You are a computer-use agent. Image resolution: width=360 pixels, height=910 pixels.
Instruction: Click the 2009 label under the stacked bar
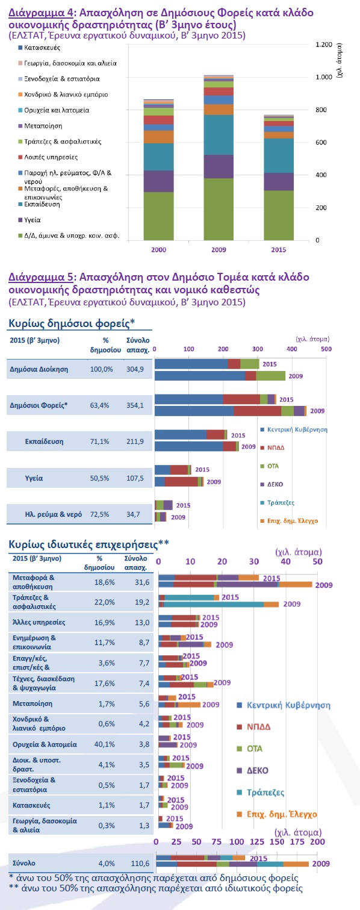[219, 249]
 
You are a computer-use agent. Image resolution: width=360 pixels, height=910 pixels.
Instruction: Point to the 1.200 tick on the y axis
[324, 45]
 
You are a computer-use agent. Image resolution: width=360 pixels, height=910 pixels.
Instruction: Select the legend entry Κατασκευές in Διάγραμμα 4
[42, 48]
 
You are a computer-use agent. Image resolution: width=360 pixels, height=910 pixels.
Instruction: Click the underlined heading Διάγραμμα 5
[41, 277]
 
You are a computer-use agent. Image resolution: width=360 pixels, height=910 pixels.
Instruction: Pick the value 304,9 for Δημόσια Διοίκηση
[135, 369]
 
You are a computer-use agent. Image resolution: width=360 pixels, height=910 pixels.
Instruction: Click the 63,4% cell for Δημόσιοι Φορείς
[99, 405]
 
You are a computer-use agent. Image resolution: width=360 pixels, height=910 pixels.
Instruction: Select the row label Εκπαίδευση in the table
[44, 441]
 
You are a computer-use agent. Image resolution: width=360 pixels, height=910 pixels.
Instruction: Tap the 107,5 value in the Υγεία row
[135, 478]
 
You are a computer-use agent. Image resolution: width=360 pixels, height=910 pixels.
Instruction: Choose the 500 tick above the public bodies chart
[326, 349]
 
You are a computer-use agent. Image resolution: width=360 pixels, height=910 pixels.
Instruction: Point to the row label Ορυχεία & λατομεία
[45, 744]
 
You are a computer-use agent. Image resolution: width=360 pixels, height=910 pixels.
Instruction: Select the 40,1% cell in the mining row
[105, 744]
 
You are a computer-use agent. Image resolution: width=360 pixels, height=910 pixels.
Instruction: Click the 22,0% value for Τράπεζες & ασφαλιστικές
[105, 602]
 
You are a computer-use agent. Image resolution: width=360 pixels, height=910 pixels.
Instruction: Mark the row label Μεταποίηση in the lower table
[33, 703]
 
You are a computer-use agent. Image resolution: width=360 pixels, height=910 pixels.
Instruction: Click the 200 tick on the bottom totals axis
[317, 841]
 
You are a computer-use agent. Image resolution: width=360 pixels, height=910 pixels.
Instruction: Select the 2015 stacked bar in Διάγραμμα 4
[278, 178]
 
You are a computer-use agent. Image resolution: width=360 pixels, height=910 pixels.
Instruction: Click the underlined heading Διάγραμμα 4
[41, 13]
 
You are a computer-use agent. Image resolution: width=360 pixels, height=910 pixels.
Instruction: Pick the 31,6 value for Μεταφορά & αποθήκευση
[142, 582]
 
